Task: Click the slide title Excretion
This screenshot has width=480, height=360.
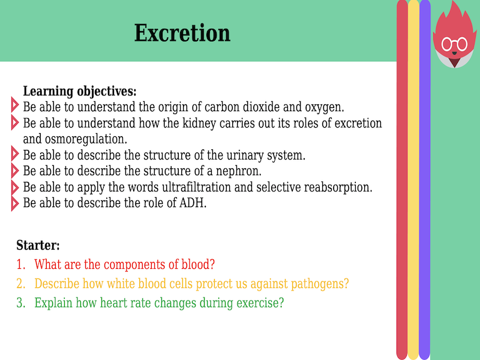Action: (x=182, y=32)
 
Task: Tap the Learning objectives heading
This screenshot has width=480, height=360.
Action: (x=80, y=92)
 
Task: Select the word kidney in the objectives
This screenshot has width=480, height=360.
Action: (x=190, y=124)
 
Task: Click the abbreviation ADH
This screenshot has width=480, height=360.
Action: (x=191, y=203)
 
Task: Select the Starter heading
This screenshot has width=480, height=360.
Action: (x=38, y=245)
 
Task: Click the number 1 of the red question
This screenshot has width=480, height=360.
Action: (x=20, y=264)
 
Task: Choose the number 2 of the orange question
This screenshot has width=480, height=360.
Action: (x=20, y=283)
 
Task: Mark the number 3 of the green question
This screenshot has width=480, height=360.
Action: (x=20, y=303)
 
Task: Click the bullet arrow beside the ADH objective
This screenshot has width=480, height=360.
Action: (x=15, y=203)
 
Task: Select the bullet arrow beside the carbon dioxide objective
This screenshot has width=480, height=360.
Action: (x=15, y=107)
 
